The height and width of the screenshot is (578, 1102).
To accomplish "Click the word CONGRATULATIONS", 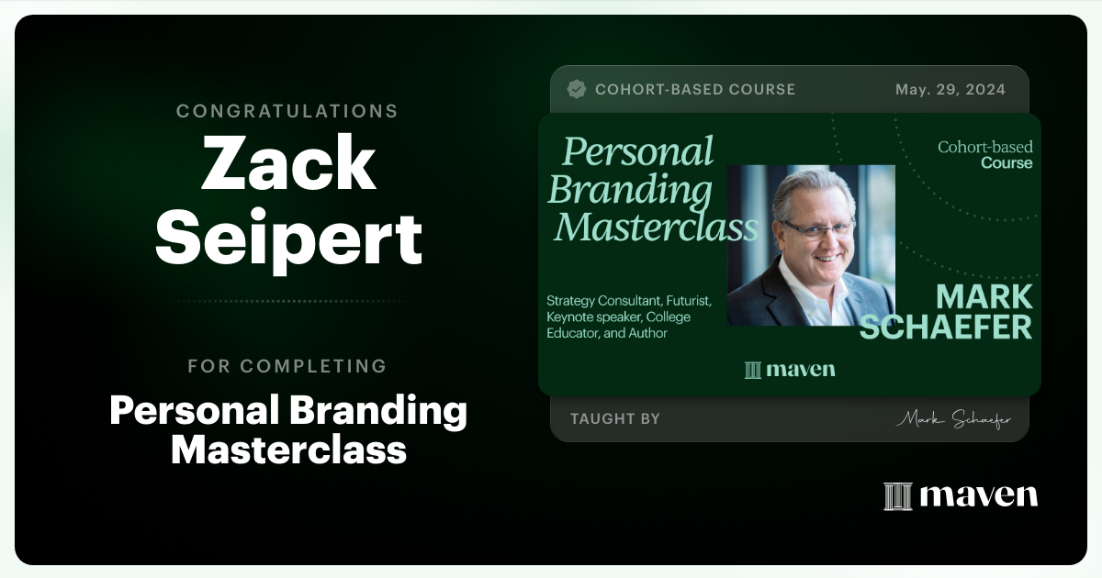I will (x=287, y=111).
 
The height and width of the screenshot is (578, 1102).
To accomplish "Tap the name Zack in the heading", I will (x=288, y=163).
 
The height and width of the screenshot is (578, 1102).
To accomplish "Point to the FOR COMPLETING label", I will (x=287, y=366).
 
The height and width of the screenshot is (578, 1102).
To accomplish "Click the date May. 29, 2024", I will (x=950, y=89).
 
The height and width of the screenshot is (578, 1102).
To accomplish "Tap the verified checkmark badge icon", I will (x=577, y=89).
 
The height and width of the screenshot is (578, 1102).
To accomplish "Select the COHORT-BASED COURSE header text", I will (x=695, y=89).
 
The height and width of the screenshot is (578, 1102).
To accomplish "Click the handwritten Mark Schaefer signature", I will (x=953, y=419).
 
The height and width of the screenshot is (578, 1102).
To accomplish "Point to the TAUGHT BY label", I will (x=615, y=419).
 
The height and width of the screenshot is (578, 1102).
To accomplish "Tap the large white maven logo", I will (x=961, y=495).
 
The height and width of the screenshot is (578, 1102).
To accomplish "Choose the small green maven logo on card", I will (x=790, y=370).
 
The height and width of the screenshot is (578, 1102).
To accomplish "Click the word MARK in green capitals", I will (x=984, y=296).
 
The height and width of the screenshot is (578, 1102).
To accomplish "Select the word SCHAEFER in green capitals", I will (x=946, y=326).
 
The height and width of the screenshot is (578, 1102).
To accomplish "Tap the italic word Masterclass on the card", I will (x=657, y=227).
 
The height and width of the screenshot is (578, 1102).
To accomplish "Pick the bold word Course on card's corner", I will (x=1006, y=163).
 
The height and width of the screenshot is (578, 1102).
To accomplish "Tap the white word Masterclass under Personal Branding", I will (x=288, y=450).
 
